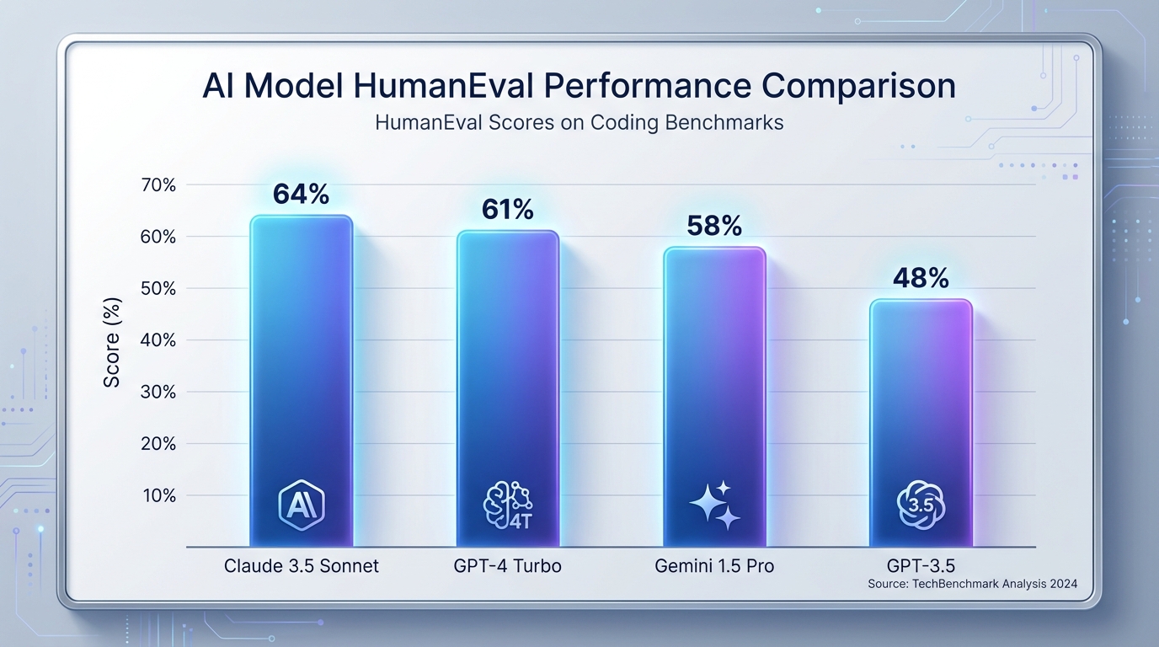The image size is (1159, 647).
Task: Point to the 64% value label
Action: click(x=301, y=195)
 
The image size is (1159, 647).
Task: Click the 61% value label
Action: click(x=508, y=210)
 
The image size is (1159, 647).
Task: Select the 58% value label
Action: click(x=714, y=226)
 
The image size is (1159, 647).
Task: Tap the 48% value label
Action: click(x=921, y=278)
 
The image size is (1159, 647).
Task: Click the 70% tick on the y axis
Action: click(x=158, y=185)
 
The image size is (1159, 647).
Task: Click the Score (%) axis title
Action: click(x=111, y=343)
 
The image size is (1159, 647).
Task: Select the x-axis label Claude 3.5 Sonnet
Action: click(x=302, y=566)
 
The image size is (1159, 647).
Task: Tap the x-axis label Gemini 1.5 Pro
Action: click(x=714, y=566)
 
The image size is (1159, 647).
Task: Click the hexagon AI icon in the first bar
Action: click(x=301, y=504)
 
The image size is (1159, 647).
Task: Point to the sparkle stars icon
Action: click(x=715, y=505)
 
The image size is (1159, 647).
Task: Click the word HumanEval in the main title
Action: click(x=446, y=88)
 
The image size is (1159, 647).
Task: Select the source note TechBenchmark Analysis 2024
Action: click(x=972, y=584)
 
